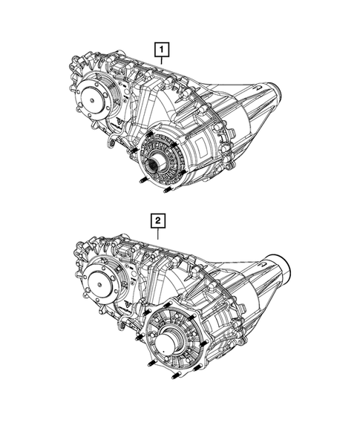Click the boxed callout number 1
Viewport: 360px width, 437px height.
click(161, 50)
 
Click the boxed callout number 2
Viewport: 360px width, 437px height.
click(157, 220)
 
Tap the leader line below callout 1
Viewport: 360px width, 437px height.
click(161, 65)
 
